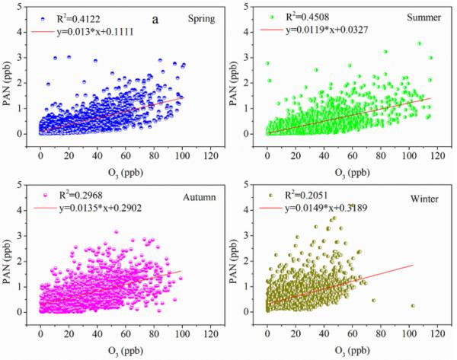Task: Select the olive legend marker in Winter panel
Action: click(x=273, y=196)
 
